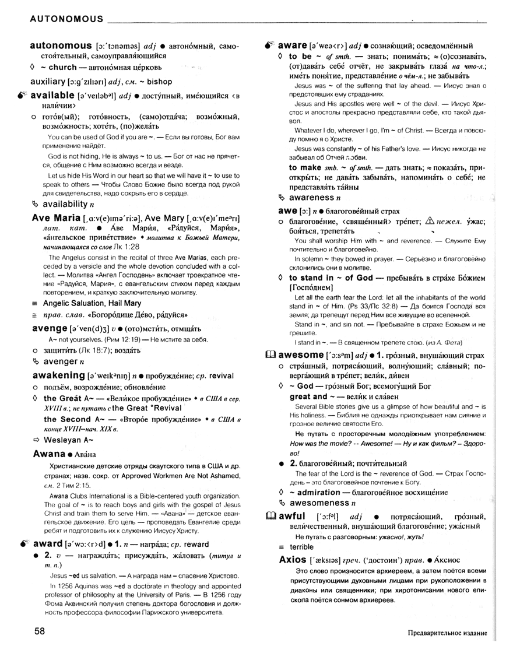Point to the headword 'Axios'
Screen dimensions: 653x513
[x=296, y=560]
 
